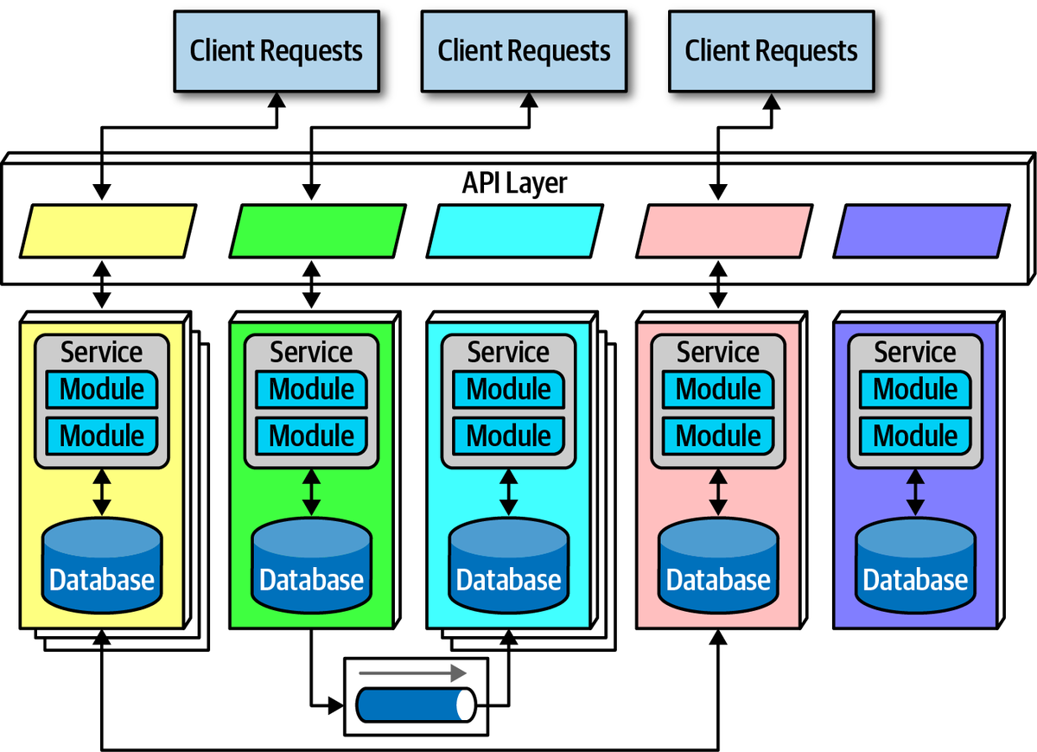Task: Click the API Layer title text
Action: coord(515,183)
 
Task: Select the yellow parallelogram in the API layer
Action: coord(108,231)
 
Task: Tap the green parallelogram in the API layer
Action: coord(317,231)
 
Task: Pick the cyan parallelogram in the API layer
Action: coord(515,231)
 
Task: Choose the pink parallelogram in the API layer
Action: coord(725,231)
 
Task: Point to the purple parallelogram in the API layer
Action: coord(921,231)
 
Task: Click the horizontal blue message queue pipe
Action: coord(416,704)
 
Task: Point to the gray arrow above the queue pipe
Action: coord(412,672)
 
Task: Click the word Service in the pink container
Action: coord(718,353)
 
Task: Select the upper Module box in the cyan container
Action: coord(509,390)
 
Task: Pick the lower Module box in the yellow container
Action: coord(102,435)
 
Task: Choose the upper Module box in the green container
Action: coord(311,390)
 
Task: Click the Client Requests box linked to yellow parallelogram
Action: coord(276,51)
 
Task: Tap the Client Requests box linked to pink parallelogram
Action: coord(771,51)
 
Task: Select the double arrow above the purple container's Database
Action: coord(915,493)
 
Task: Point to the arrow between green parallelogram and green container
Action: coord(311,285)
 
